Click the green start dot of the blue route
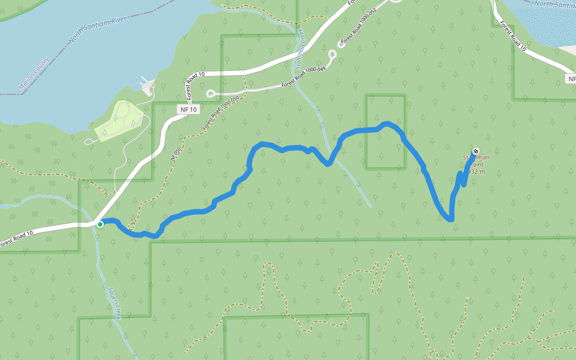(100, 224)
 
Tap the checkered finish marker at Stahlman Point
(475, 151)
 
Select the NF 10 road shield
(188, 110)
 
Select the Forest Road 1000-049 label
(304, 78)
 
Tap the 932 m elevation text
(475, 172)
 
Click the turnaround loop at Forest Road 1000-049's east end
(332, 56)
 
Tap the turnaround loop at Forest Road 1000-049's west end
(210, 93)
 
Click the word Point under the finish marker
(477, 164)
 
